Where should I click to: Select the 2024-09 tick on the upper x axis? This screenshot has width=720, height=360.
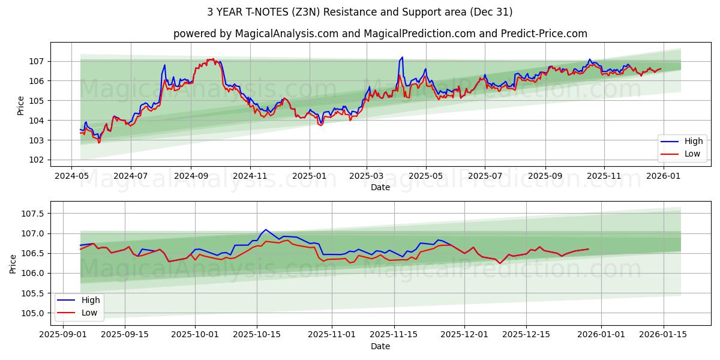191,176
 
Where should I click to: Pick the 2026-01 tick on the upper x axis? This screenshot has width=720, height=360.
663,176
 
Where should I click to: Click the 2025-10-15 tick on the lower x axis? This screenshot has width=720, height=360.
257,335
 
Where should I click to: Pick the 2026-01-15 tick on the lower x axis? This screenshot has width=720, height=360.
663,335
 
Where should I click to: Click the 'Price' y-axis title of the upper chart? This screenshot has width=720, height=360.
21,106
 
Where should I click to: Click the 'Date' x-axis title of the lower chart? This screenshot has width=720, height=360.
380,346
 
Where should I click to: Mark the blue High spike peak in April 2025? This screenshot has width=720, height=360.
402,57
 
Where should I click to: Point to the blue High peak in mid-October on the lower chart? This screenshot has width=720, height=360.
266,229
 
